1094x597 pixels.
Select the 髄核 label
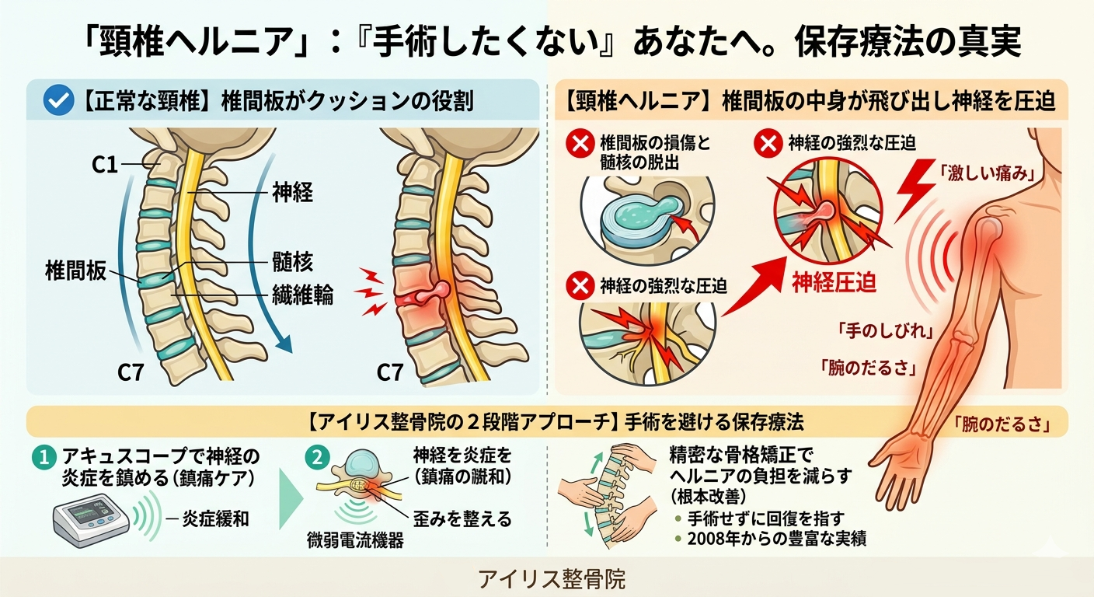(x=292, y=263)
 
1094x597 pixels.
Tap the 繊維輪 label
(x=302, y=296)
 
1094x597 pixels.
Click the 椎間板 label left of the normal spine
(x=75, y=271)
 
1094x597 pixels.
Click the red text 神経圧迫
(x=834, y=282)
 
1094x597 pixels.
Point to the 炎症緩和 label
(x=215, y=518)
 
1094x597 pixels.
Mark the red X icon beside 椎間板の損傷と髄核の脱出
(x=579, y=145)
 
